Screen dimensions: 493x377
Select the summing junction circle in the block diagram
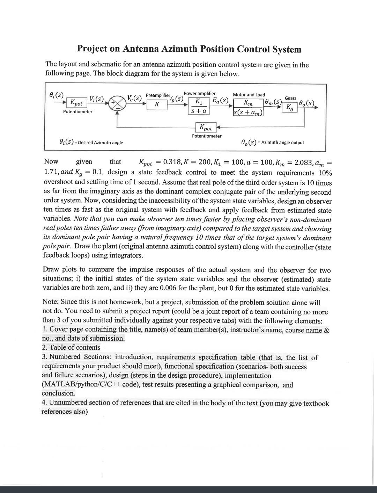[117, 104]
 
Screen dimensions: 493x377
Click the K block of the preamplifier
[157, 104]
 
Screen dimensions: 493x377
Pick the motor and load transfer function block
[248, 108]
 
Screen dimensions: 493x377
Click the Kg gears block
[290, 107]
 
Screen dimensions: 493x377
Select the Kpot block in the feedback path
[206, 128]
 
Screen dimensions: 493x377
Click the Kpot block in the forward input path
[76, 103]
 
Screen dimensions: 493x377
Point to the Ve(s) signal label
[134, 98]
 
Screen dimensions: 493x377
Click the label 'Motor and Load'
[249, 95]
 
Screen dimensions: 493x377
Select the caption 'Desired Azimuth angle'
[100, 143]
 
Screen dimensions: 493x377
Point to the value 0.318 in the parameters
[172, 162]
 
